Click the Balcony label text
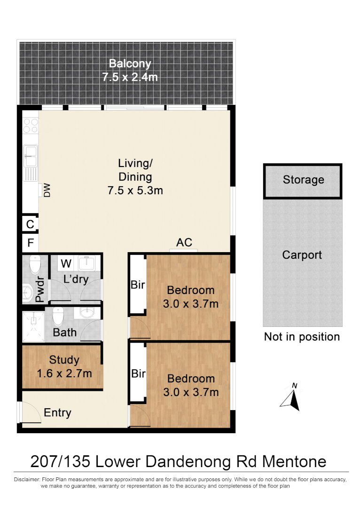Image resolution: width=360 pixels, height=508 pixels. [x=130, y=63]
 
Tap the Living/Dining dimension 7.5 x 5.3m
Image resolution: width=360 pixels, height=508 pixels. [x=135, y=190]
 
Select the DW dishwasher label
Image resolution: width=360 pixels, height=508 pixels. [x=47, y=190]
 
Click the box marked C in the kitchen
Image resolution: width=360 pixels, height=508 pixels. [x=30, y=224]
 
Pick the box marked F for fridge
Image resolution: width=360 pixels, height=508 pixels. [x=30, y=243]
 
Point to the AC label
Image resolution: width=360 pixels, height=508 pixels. [x=184, y=242]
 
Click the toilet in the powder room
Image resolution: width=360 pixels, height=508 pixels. [x=35, y=265]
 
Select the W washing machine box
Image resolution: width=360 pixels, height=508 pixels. [x=66, y=262]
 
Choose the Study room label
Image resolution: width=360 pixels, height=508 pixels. [x=64, y=360]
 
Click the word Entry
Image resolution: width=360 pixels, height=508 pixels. [x=57, y=413]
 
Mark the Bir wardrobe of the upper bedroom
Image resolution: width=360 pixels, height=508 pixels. [x=138, y=285]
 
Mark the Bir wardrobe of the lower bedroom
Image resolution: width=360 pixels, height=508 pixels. [x=138, y=374]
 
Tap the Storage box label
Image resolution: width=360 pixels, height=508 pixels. [x=303, y=180]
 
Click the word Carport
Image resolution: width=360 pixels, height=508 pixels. [x=302, y=255]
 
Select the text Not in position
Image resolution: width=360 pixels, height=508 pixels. [x=302, y=337]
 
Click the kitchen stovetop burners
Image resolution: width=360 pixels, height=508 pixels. [x=31, y=125]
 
